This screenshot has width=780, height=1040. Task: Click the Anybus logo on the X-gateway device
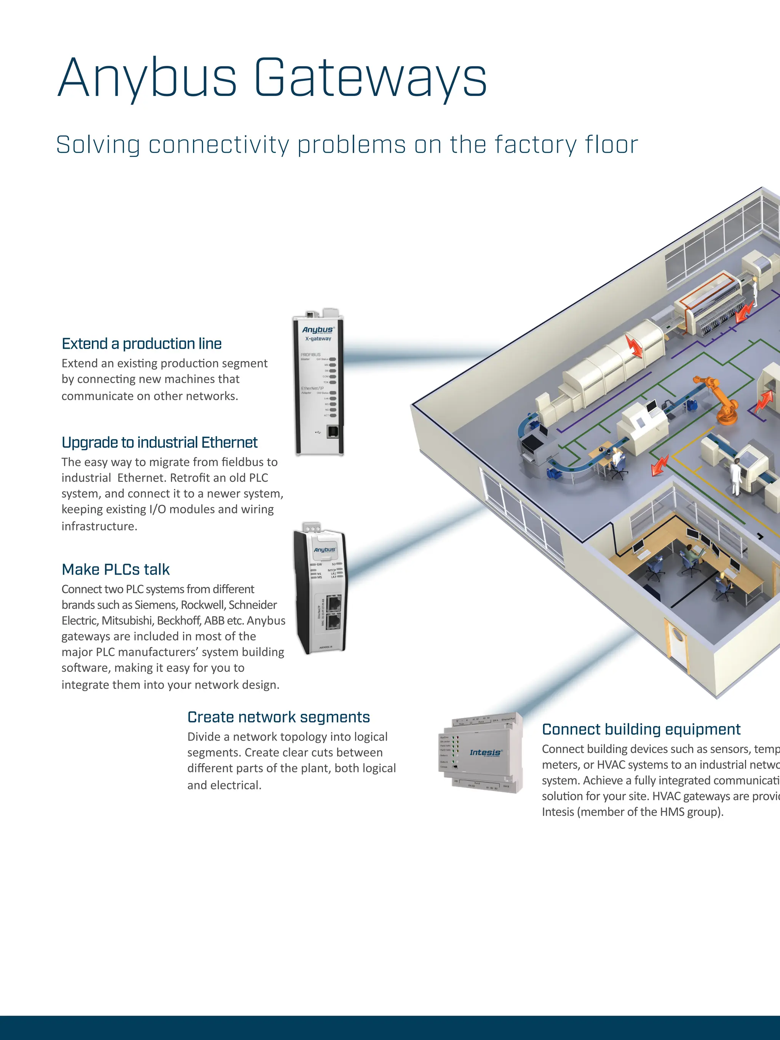click(318, 329)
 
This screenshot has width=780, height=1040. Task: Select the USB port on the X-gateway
click(332, 431)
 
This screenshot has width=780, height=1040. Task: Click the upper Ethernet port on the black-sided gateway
click(334, 603)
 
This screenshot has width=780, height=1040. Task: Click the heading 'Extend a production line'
click(142, 344)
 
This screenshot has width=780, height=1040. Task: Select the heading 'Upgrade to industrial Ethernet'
click(159, 443)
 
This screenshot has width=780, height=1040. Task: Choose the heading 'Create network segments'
click(278, 717)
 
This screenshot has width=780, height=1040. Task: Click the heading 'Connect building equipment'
click(641, 729)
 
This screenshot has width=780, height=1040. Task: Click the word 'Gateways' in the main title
click(370, 78)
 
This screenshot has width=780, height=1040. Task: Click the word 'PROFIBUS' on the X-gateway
click(310, 355)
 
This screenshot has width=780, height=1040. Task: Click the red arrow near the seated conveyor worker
click(659, 465)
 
